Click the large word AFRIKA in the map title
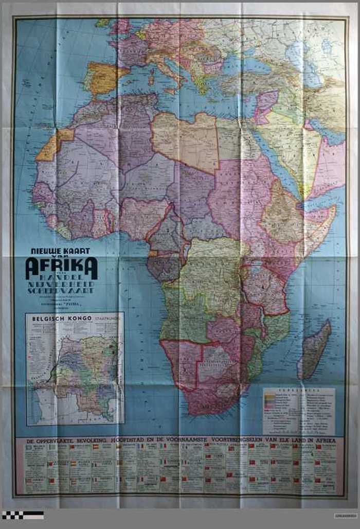click(61, 267)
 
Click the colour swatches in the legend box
click(269, 402)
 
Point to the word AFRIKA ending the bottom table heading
click(323, 441)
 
